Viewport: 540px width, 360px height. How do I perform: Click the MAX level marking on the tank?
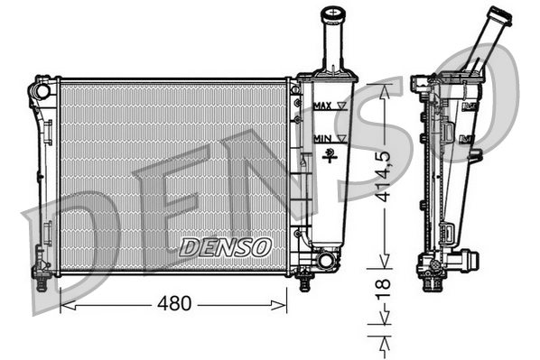[321, 106]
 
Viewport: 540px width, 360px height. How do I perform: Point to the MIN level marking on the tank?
[321, 137]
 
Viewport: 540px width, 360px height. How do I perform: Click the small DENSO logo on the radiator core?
[225, 245]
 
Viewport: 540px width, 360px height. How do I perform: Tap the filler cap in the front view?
[335, 16]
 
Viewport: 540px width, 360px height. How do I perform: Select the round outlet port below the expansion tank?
[325, 262]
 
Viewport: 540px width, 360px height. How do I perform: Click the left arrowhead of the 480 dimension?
[63, 305]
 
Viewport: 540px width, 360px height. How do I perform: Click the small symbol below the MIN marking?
[331, 152]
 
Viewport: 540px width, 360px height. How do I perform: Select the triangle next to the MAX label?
[341, 106]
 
